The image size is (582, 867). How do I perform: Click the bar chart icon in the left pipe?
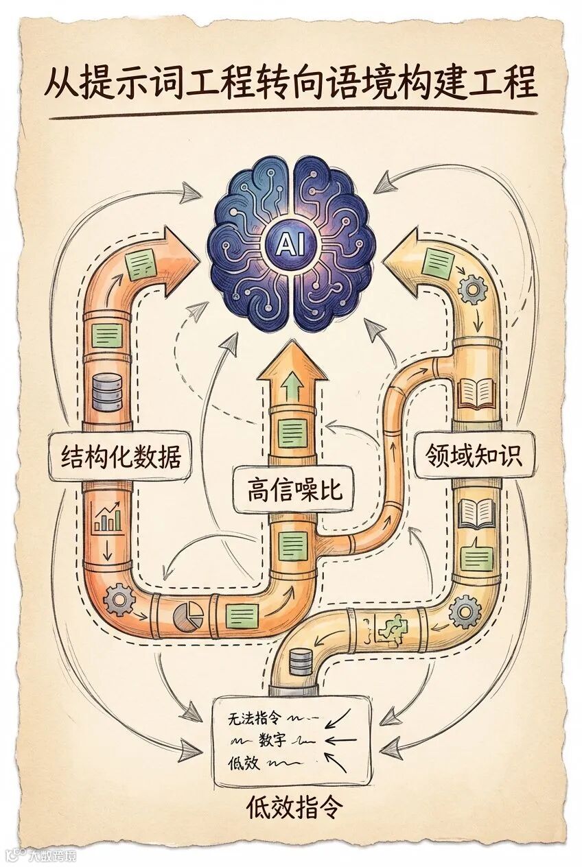107,519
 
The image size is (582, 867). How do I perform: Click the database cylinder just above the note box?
299,663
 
